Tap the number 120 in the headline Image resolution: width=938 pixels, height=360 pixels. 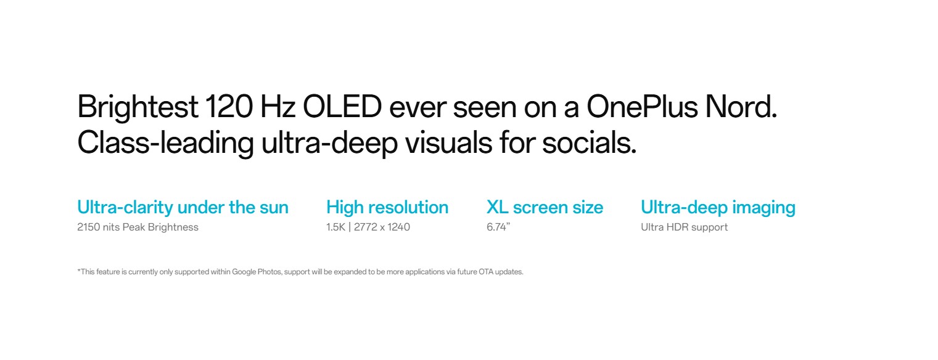click(x=229, y=106)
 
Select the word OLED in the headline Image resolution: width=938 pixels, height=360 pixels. click(x=342, y=106)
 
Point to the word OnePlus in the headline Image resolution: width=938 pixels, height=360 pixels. click(x=642, y=106)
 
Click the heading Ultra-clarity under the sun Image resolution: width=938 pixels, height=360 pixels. click(x=183, y=207)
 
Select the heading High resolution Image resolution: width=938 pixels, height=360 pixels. click(x=387, y=207)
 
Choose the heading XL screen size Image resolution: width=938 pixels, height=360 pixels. click(x=545, y=207)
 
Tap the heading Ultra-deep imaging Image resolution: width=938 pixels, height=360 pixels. click(x=718, y=208)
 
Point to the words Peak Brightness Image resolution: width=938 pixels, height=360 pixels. click(x=160, y=227)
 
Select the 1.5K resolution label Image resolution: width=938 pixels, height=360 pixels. click(x=335, y=227)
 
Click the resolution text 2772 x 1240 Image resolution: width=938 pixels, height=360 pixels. click(x=382, y=227)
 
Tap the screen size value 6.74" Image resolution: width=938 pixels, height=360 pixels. click(x=498, y=227)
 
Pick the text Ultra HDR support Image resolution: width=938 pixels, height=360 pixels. click(x=685, y=227)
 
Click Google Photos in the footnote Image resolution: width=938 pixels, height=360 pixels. click(x=257, y=272)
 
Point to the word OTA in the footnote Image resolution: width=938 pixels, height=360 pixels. click(x=486, y=272)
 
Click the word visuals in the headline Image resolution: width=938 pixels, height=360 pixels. click(x=448, y=142)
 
